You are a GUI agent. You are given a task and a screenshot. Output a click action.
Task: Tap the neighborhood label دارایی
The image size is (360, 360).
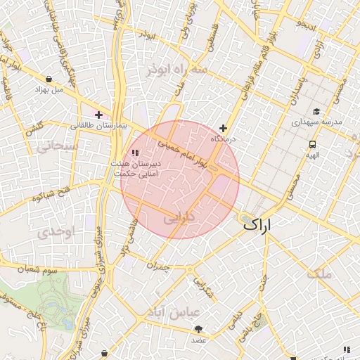point(188,219)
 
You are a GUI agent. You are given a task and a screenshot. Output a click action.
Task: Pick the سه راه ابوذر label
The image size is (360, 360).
point(176,70)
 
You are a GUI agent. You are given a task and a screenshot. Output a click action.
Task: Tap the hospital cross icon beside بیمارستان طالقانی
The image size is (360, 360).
point(99,115)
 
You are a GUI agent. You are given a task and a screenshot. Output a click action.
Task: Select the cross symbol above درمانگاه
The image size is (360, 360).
point(223,128)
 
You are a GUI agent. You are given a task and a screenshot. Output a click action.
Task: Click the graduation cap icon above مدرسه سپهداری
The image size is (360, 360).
point(316,112)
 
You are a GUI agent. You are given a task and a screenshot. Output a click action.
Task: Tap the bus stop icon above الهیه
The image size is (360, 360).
point(311,144)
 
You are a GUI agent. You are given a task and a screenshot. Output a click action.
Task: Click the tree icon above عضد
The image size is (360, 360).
point(199,329)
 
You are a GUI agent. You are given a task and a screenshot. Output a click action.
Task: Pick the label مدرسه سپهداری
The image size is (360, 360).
point(317,122)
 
